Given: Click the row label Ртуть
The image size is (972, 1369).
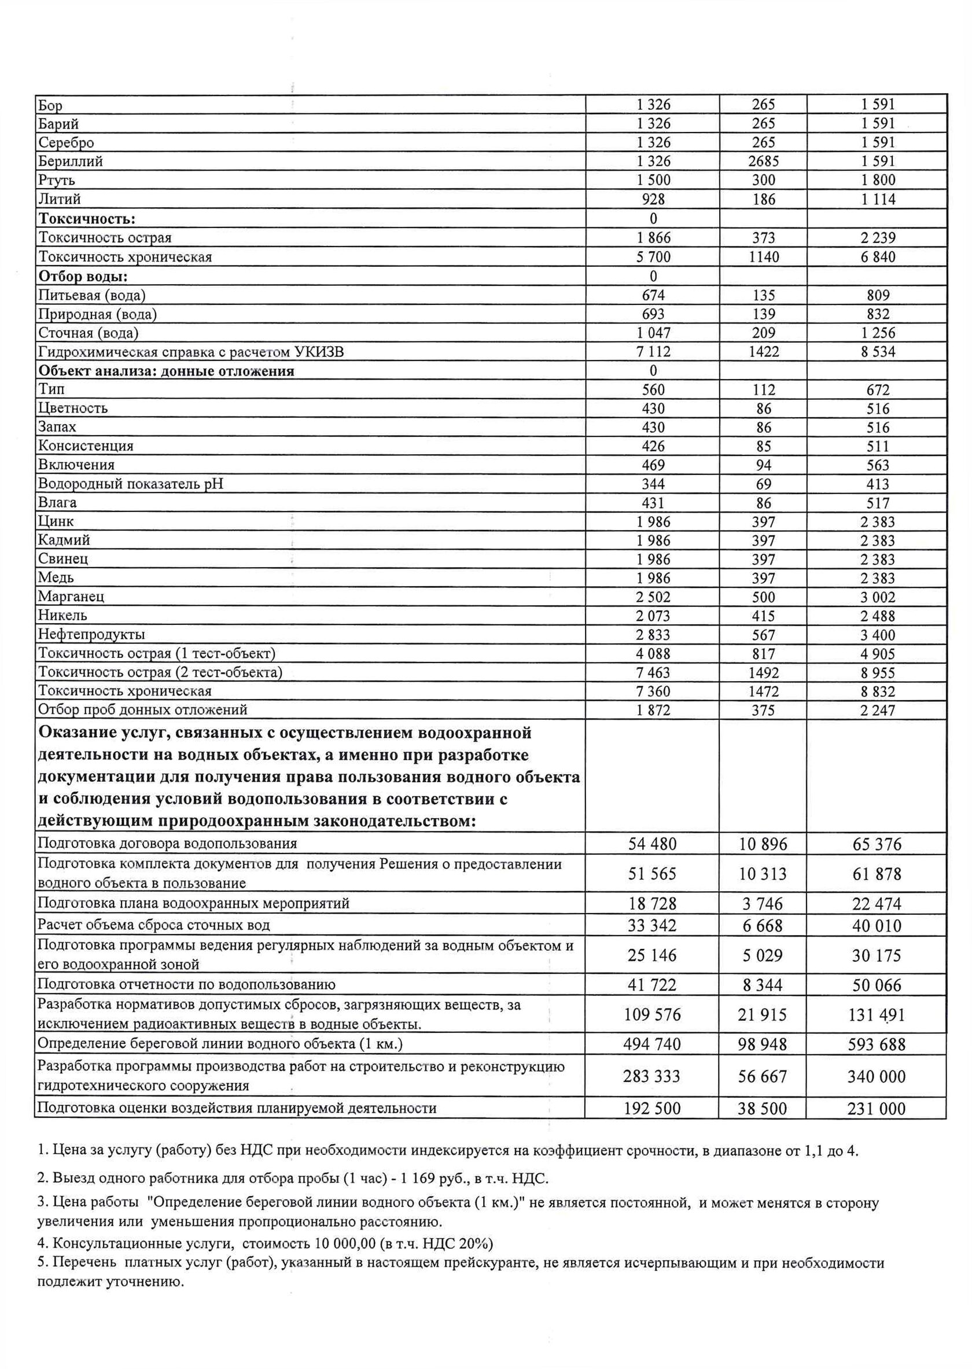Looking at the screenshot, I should coord(57,180).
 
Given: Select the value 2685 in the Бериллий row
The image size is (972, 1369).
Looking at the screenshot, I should coord(763,161).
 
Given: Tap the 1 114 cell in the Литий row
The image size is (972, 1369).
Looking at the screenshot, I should coord(878,200).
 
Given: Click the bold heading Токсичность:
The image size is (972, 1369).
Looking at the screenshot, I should coord(87,219).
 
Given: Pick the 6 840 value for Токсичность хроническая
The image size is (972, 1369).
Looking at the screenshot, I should coord(878,257).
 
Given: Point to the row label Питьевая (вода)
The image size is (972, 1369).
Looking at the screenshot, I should coord(91,295).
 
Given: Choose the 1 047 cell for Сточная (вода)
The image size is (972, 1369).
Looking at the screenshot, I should coord(653,333).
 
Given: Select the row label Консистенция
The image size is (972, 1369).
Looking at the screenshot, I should coord(86,446).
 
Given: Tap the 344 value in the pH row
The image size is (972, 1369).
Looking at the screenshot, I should coord(653,484).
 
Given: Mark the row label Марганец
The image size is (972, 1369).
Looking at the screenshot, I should coord(71,597).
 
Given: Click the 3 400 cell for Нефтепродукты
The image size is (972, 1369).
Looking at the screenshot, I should coord(878,635).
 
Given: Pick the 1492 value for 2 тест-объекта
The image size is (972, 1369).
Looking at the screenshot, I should coord(763,673).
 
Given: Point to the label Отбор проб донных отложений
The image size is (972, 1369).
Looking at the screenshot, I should coord(142,710).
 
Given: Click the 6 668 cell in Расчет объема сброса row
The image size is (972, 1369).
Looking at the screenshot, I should coord(763,925).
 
